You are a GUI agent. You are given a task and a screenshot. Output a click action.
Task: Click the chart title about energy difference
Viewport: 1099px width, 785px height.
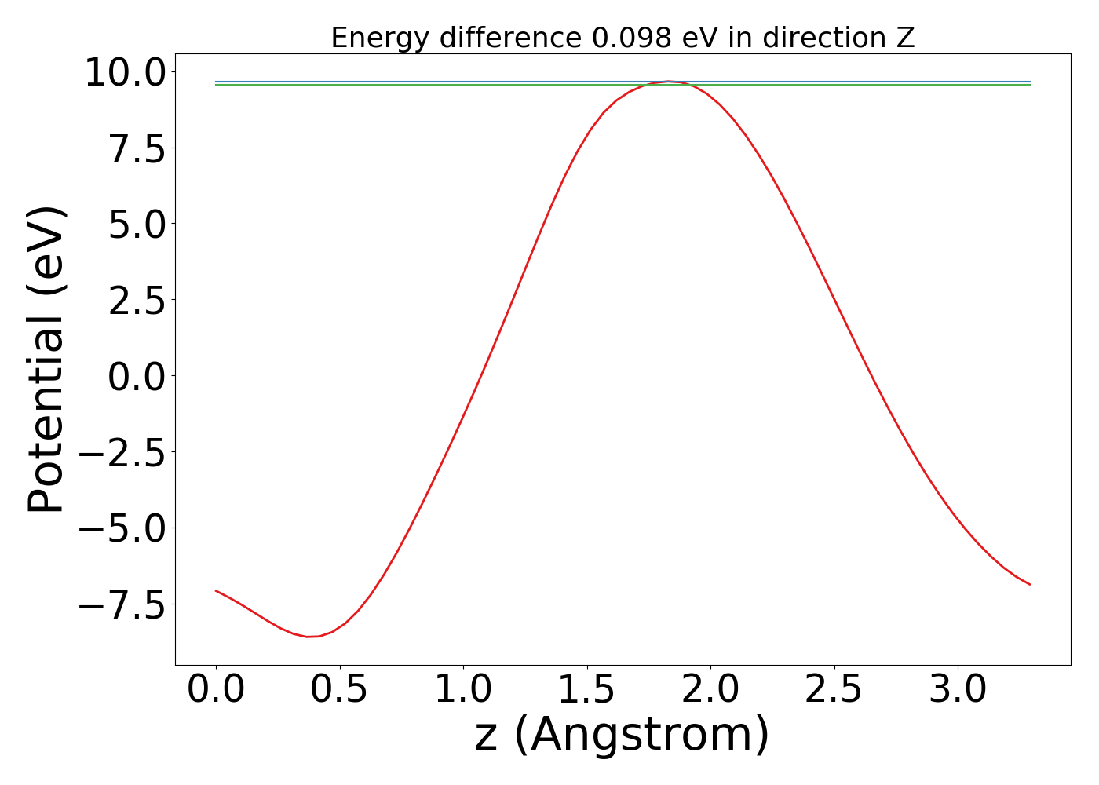[x=623, y=38]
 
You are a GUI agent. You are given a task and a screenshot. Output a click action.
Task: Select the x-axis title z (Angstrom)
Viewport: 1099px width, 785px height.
[x=623, y=735]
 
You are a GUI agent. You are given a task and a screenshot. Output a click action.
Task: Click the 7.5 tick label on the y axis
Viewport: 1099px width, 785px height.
[x=137, y=149]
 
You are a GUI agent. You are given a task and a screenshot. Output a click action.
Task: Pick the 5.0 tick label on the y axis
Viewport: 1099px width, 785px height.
[x=137, y=225]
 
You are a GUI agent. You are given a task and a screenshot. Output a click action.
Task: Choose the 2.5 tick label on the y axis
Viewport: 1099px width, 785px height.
[x=137, y=301]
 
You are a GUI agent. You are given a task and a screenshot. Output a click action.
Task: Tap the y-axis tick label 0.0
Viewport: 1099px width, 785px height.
[x=137, y=378]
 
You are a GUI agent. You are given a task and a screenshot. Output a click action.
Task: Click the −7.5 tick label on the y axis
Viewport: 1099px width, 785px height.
[x=126, y=605]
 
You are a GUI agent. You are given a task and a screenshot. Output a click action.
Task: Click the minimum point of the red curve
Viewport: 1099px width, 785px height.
[x=308, y=637]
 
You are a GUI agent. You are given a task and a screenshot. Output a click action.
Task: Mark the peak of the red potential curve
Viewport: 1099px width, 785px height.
[x=668, y=81]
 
